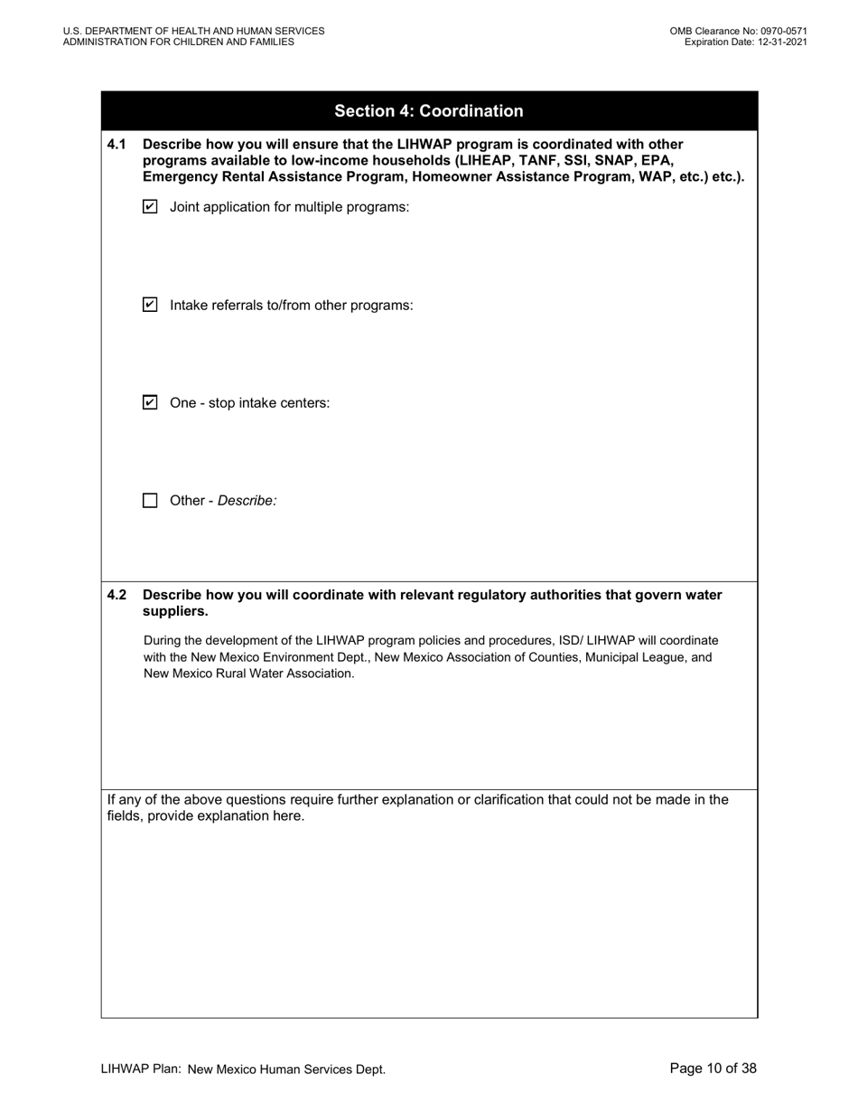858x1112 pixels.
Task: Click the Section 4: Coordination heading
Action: (x=429, y=111)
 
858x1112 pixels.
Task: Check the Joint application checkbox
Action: (x=151, y=207)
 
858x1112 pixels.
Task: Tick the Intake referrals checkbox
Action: (x=151, y=305)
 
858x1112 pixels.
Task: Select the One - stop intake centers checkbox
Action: (x=151, y=402)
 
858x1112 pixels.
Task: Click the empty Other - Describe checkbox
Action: (x=151, y=500)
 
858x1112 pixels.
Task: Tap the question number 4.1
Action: (x=117, y=144)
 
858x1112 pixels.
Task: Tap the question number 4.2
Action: (x=117, y=595)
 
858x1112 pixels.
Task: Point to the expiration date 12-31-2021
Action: (x=777, y=42)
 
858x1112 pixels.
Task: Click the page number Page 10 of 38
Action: (x=713, y=1069)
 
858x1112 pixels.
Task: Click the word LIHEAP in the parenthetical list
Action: (x=487, y=160)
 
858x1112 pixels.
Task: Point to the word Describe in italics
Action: (x=247, y=500)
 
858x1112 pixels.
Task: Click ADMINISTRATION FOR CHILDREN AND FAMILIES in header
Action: (x=178, y=42)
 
